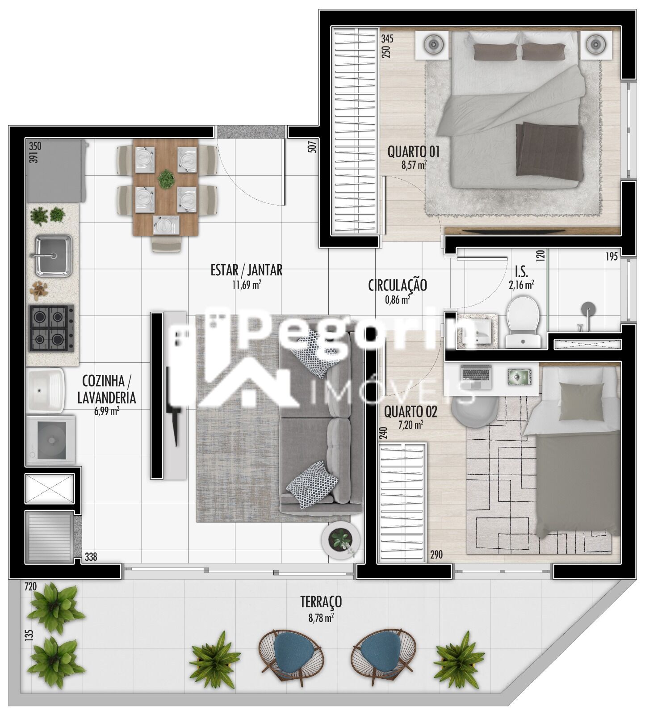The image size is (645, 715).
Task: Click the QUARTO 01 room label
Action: coord(414,152)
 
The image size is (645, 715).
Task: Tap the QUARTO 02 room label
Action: coord(410,411)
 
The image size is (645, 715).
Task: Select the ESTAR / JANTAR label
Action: coord(247,270)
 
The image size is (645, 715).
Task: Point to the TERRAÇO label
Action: coord(321,601)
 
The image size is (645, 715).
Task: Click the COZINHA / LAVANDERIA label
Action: coord(106,389)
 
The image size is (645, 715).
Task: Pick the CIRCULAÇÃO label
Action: coord(398,285)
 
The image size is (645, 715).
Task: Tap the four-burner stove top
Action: coord(51,328)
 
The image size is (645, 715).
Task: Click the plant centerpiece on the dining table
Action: coord(167,179)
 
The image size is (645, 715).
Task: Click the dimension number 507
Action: coord(312,147)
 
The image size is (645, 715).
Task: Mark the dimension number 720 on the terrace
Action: coord(30,586)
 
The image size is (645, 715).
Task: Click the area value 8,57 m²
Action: coord(414,164)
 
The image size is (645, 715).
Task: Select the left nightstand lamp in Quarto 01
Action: coord(432,44)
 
